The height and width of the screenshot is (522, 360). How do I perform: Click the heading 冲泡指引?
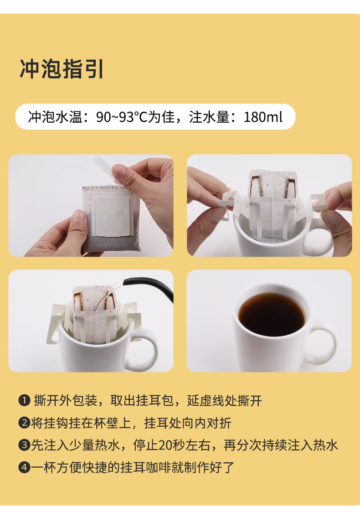[62, 69]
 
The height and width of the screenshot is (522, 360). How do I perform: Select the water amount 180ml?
[263, 117]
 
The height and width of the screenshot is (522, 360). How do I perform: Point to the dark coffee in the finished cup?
[271, 314]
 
